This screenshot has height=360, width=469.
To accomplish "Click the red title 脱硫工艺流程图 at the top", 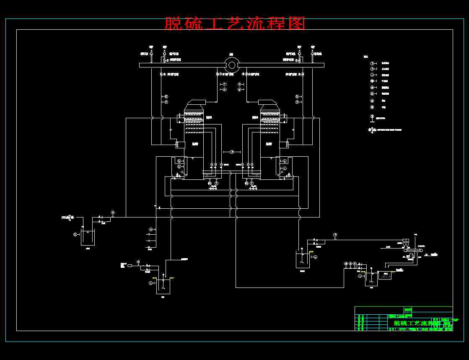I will click(234, 23).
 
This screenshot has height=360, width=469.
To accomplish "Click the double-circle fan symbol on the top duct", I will click(232, 65).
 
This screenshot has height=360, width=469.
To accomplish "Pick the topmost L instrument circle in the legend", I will click(371, 75).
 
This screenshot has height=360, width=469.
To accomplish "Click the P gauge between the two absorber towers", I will click(231, 152).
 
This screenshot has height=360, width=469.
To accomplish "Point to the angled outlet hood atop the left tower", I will click(196, 103).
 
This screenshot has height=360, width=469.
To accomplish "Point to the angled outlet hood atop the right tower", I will click(267, 103).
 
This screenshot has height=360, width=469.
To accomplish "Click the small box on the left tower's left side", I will click(179, 145).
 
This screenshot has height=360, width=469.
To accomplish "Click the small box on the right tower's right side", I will click(284, 145).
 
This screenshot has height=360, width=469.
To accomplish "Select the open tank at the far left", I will click(88, 238).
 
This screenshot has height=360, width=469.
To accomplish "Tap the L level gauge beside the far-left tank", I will click(75, 234).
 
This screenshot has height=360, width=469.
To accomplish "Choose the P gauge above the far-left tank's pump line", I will click(112, 213).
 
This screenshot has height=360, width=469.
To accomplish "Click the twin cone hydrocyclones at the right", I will click(406, 243).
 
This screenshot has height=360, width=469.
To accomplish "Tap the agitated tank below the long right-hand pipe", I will click(303, 259).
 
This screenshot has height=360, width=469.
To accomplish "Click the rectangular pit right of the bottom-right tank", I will click(385, 275).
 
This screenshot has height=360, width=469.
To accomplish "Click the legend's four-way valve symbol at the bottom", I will click(371, 130).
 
